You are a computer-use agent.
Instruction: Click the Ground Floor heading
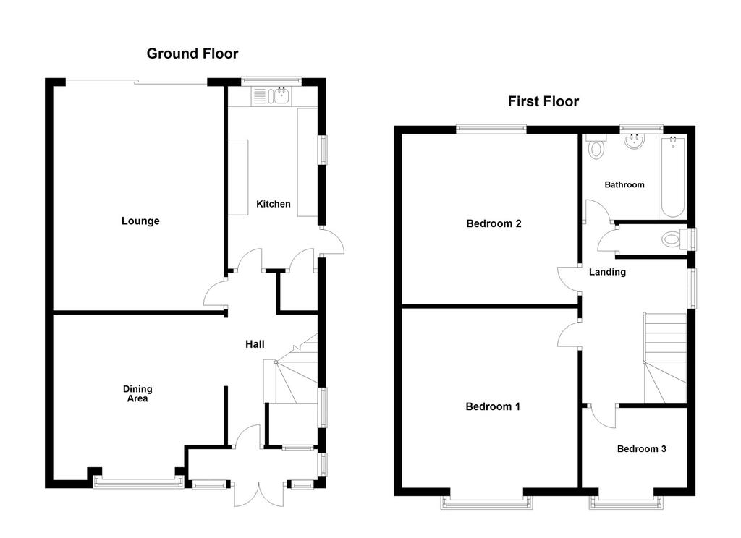point(192,54)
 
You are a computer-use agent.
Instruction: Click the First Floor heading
point(543,101)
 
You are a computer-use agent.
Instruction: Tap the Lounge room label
point(140,221)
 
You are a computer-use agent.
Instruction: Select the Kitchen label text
point(273,204)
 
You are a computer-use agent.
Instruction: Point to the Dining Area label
point(137,393)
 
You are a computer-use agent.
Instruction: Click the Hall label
point(255,344)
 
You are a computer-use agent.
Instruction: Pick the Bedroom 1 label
point(493,406)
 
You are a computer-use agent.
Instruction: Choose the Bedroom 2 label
point(494,224)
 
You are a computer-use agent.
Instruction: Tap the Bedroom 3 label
point(642,449)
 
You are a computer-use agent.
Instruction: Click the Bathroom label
point(624,184)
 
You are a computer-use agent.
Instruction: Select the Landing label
point(607,272)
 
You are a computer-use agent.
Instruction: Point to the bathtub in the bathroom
point(673,177)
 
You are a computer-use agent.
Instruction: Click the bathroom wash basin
point(633,141)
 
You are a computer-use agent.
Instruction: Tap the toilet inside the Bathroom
point(597,147)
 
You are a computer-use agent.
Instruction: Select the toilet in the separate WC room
point(674,239)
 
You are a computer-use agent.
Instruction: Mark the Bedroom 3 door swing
point(603,417)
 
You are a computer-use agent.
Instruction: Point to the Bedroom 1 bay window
point(487,502)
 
